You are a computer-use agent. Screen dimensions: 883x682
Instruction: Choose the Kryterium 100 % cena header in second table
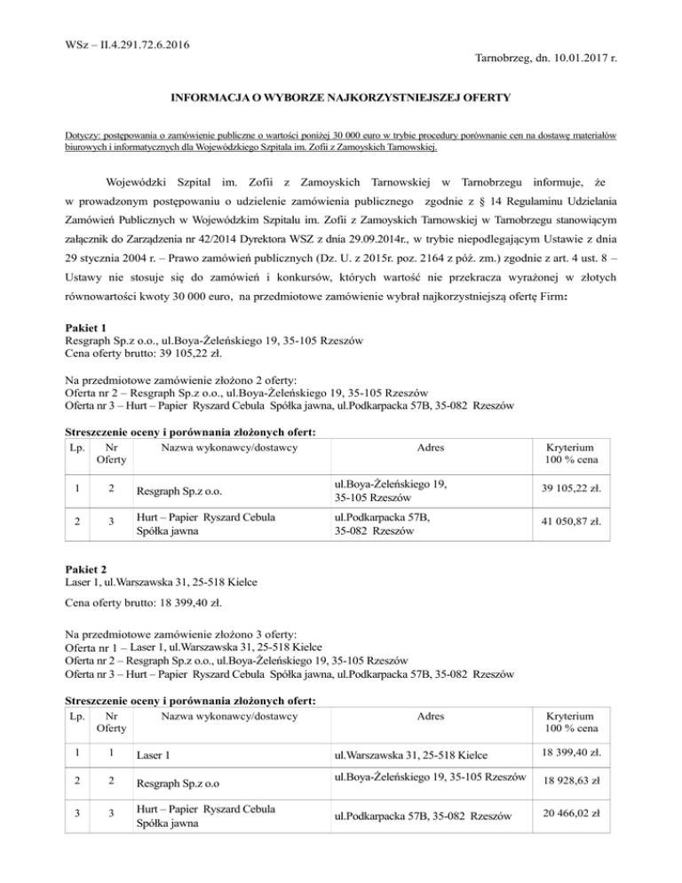[x=572, y=721]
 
